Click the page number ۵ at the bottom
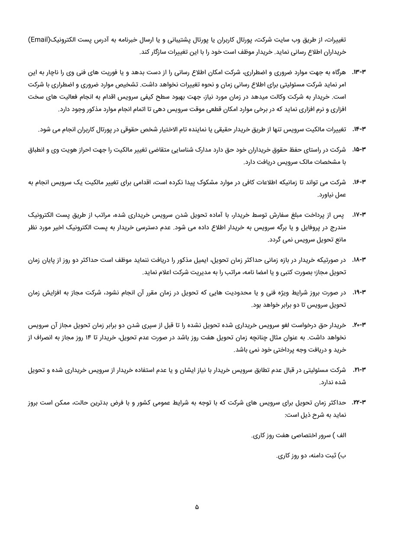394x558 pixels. (x=197, y=507)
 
